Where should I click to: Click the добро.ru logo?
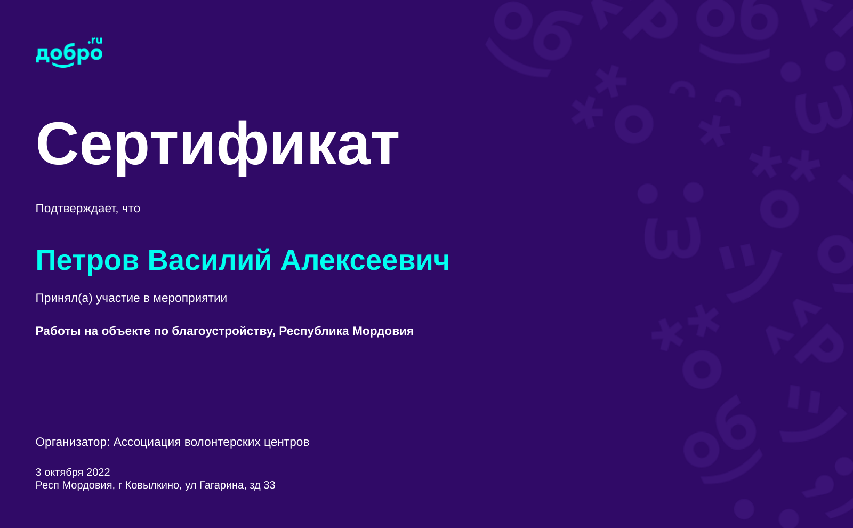click(69, 52)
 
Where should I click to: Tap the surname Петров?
click(87, 261)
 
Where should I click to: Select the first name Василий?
click(210, 260)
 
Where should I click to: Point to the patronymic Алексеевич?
click(365, 261)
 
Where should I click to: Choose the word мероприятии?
click(190, 298)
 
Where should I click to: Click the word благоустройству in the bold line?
click(223, 331)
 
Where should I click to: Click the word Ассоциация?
click(147, 442)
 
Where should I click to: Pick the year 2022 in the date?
click(98, 473)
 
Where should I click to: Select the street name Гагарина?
click(223, 485)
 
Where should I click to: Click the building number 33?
click(269, 485)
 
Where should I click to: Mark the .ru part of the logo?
click(95, 41)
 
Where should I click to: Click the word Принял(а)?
click(64, 298)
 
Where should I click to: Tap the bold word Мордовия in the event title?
click(383, 331)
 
